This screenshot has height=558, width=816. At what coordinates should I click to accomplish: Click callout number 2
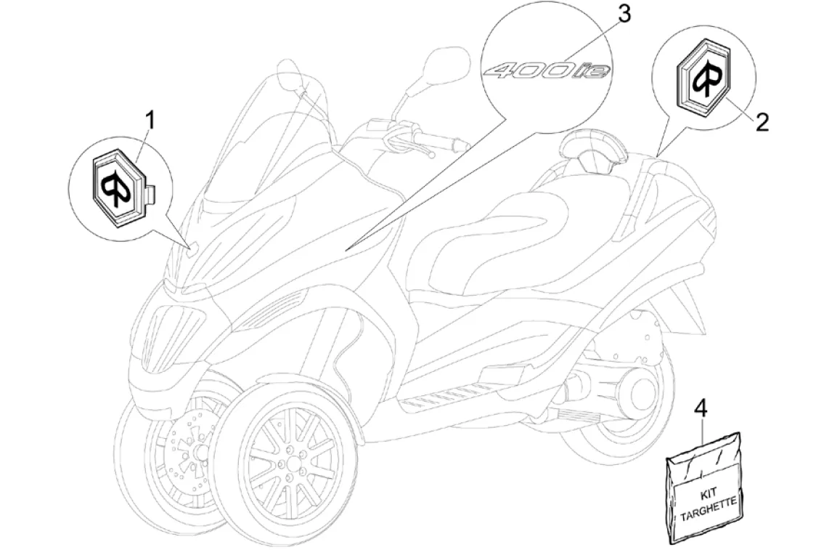(x=741, y=121)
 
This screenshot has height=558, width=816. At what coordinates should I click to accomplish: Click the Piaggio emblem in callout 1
(x=119, y=179)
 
